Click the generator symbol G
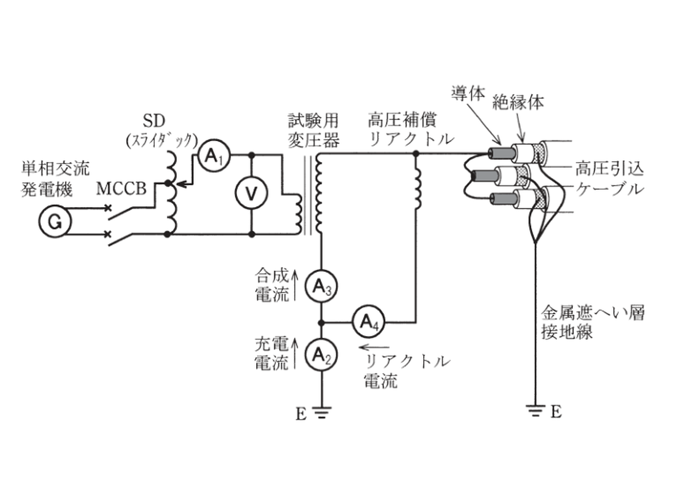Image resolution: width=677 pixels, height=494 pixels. [x=55, y=222]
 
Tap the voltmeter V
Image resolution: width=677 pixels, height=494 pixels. [x=251, y=193]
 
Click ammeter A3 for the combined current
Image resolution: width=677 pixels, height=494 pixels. [x=321, y=286]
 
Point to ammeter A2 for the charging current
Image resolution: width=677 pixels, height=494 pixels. [x=321, y=355]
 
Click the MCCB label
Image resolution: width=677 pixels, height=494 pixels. [x=121, y=189]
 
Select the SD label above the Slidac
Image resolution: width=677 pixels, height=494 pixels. [x=154, y=121]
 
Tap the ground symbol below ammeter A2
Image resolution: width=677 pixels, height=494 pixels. [x=322, y=412]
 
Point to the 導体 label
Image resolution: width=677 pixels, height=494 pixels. [x=468, y=93]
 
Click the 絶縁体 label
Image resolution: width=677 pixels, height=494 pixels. [x=518, y=102]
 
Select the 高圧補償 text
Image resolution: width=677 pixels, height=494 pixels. [x=402, y=120]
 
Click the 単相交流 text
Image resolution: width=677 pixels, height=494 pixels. [x=56, y=168]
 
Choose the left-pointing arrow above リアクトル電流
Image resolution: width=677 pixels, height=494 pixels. [x=374, y=347]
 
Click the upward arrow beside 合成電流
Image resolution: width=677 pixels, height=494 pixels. [x=295, y=285]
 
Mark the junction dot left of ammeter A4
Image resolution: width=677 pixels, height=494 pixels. [x=321, y=323]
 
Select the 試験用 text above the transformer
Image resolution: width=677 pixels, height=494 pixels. [x=313, y=120]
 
